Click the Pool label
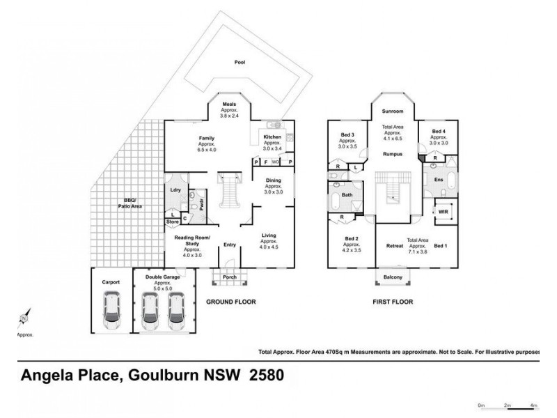coord(240,62)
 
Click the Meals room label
coord(230,104)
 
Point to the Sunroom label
coord(392,111)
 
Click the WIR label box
coord(443,212)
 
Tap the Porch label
coord(230,277)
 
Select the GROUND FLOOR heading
coord(231,302)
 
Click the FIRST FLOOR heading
coord(392,302)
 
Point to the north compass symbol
coord(24,319)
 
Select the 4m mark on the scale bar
coord(533,404)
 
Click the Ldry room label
coord(175,189)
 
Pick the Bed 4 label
coord(438,131)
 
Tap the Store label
coord(172,222)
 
